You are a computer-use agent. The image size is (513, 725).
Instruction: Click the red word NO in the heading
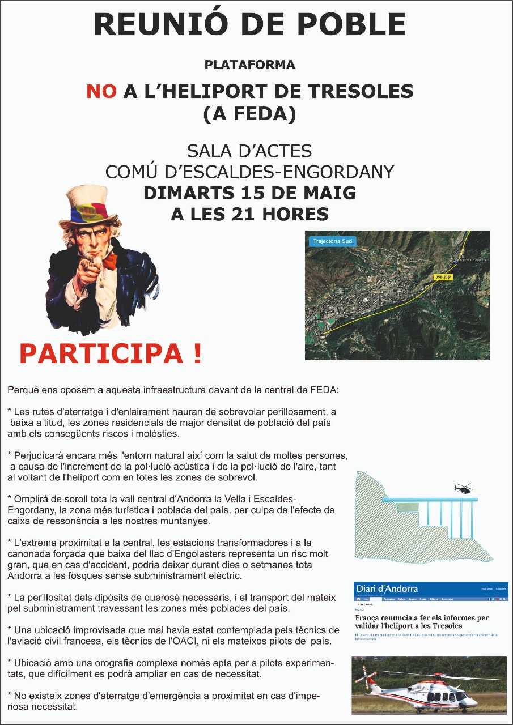pyautogui.click(x=101, y=92)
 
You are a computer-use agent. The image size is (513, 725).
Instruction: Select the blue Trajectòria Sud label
pyautogui.click(x=332, y=242)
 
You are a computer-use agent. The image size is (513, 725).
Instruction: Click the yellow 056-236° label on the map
pyautogui.click(x=444, y=277)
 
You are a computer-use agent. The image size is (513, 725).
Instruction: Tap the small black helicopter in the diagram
pyautogui.click(x=463, y=488)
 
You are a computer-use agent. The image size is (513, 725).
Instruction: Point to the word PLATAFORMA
pyautogui.click(x=250, y=65)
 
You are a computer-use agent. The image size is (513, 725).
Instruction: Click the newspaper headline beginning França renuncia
pyautogui.click(x=422, y=621)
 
